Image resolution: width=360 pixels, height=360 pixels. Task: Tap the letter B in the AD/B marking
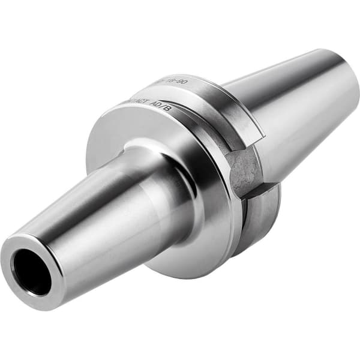tap(168, 109)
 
